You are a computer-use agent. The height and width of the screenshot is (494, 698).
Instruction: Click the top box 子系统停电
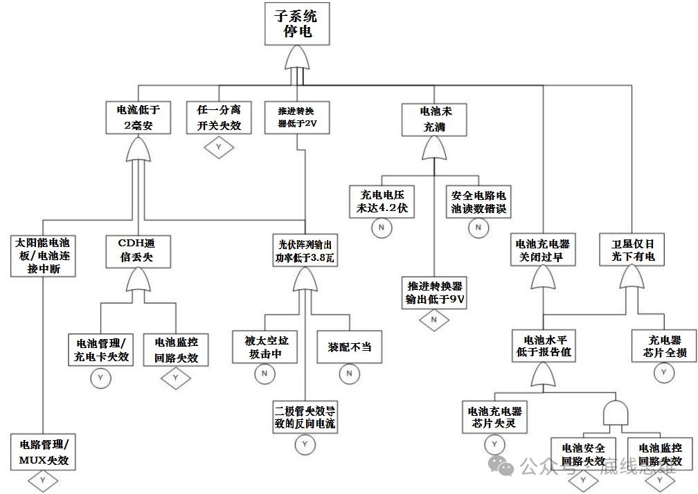click(x=297, y=24)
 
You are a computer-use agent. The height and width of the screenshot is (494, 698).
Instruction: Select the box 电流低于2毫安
click(x=138, y=118)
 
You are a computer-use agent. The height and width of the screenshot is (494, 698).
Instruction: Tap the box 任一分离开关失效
click(x=219, y=118)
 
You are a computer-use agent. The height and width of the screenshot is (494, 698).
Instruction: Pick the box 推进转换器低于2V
click(x=297, y=118)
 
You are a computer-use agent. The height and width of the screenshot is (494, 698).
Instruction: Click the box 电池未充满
click(x=434, y=120)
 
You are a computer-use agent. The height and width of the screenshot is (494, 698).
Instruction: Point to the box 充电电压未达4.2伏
click(x=382, y=201)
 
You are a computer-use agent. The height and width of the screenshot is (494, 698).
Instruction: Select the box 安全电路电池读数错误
click(x=478, y=201)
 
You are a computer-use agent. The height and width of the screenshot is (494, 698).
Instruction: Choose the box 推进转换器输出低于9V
click(x=434, y=293)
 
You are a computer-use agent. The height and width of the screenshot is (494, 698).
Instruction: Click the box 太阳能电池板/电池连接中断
click(x=43, y=256)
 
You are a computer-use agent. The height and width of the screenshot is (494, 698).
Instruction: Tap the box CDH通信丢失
click(x=138, y=252)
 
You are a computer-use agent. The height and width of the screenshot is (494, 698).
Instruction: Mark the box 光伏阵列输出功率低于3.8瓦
click(x=305, y=250)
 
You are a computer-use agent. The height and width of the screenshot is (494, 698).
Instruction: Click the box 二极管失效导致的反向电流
click(x=305, y=417)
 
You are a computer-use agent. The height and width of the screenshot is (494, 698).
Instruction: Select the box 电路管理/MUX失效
click(x=43, y=452)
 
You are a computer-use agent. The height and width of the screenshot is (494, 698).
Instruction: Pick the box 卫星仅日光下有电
click(x=632, y=250)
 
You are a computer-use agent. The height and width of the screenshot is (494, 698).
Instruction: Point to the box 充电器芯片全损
click(x=664, y=345)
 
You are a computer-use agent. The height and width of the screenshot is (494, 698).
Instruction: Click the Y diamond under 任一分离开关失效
click(x=219, y=147)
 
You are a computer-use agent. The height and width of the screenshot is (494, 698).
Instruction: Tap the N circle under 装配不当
click(x=350, y=374)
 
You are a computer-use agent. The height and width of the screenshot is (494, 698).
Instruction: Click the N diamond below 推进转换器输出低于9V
click(x=434, y=320)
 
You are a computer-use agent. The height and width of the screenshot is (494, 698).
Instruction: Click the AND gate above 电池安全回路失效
click(x=616, y=413)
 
